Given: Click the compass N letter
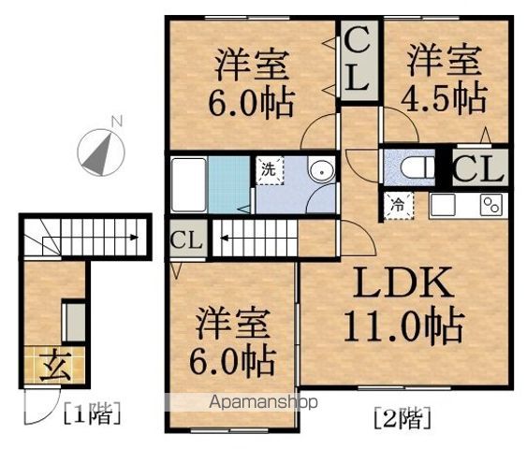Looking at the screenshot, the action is pos(117,122).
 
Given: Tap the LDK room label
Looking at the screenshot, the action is pos(403,282).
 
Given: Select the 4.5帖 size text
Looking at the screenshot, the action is pos(444,97).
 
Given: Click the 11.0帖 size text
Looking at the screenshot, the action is pos(403,326).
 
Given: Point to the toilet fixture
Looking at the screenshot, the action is pos(417,167).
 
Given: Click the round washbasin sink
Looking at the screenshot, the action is pos(322,171).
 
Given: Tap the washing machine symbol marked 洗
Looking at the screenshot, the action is pos(270,170).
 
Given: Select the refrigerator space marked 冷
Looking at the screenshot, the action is pos(399,206).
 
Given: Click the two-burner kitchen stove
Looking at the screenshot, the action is pos(491,205).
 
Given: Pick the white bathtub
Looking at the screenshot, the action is pos(188,184).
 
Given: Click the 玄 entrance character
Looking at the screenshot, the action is pos(56,366).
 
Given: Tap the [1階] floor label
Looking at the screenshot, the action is pos(92,413).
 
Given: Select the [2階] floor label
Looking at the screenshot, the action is pos(403,418).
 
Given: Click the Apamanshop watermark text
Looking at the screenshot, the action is pos(263,402).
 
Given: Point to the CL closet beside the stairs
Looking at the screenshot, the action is pos(186,239).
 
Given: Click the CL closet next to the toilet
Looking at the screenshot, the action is pos(479,167).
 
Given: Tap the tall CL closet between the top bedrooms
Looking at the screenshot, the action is pos(359,61).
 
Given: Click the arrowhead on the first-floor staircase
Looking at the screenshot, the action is pos(135,238).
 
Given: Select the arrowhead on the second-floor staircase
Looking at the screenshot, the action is pos(224,239).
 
